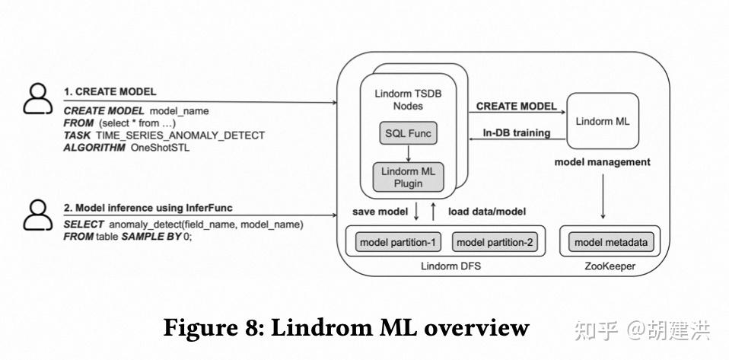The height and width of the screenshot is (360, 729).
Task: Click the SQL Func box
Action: click(x=409, y=134)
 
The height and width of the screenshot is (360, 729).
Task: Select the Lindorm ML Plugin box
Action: click(x=408, y=176)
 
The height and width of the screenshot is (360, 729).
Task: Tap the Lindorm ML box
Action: click(x=603, y=121)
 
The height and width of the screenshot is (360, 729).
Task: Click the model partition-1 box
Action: click(x=398, y=243)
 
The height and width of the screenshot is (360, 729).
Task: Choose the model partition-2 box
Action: click(x=495, y=243)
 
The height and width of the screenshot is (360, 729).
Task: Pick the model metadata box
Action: click(x=611, y=243)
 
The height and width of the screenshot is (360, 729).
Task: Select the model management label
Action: click(x=602, y=161)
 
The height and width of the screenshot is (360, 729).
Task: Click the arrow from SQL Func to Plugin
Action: click(x=409, y=153)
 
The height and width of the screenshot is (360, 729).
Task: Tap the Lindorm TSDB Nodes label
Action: click(x=408, y=100)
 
